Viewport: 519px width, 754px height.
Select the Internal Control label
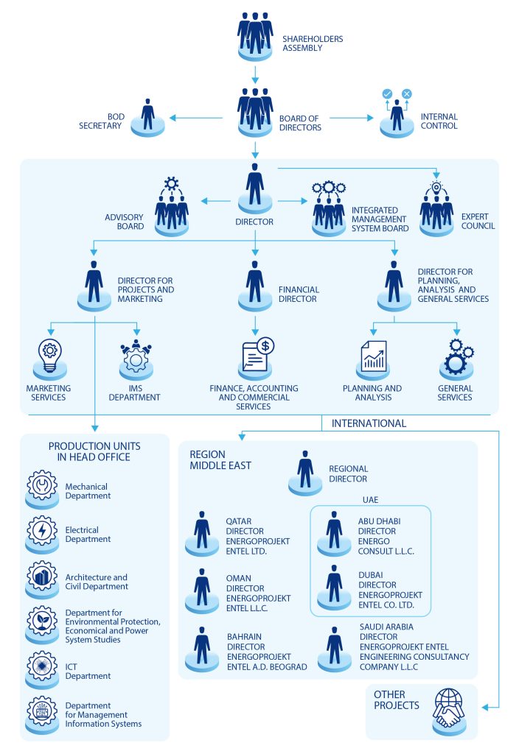click(x=439, y=121)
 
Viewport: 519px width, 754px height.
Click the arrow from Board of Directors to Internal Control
click(x=351, y=118)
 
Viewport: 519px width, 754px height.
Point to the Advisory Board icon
click(x=172, y=205)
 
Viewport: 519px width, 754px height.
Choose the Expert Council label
click(x=478, y=221)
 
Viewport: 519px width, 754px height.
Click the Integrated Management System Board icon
click(x=329, y=207)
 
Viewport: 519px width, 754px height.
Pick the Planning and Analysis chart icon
click(x=372, y=356)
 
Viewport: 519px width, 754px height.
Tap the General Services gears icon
click(x=455, y=356)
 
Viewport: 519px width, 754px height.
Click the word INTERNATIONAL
click(x=369, y=423)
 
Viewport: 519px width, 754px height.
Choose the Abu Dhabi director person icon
click(x=334, y=532)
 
